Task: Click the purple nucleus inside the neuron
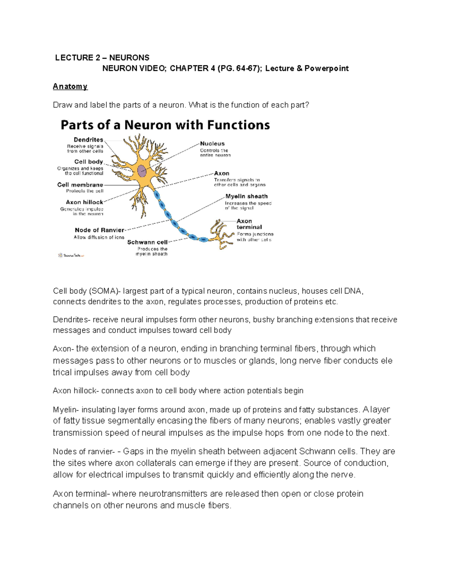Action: pyautogui.click(x=142, y=171)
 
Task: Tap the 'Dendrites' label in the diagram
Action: pyautogui.click(x=88, y=140)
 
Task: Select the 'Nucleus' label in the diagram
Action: pyautogui.click(x=212, y=143)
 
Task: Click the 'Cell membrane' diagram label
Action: pyautogui.click(x=80, y=185)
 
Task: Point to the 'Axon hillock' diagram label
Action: pyautogui.click(x=85, y=202)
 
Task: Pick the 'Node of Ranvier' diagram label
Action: pyautogui.click(x=99, y=230)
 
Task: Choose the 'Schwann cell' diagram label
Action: pyautogui.click(x=147, y=242)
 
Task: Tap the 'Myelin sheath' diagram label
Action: pyautogui.click(x=247, y=196)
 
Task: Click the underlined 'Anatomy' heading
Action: pyautogui.click(x=70, y=86)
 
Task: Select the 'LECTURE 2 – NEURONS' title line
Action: pyautogui.click(x=102, y=57)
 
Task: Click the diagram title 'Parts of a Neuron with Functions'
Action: pyautogui.click(x=165, y=125)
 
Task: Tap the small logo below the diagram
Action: pyautogui.click(x=71, y=255)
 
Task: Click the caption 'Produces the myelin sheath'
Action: pyautogui.click(x=152, y=252)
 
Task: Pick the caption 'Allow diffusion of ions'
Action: pyautogui.click(x=99, y=237)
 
